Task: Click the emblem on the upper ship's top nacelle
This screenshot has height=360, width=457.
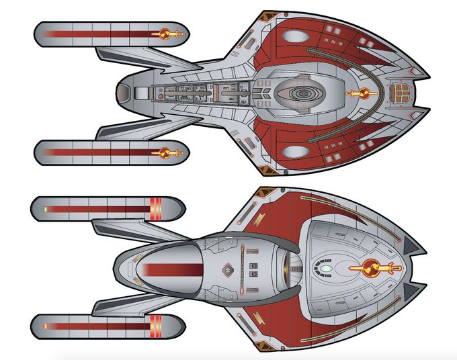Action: [169, 34]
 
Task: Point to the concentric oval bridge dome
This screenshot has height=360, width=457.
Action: [300, 93]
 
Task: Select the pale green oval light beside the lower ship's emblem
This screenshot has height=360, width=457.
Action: [325, 269]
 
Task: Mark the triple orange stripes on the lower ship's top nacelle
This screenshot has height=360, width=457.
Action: [154, 210]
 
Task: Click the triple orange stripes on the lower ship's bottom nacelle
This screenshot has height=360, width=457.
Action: [154, 327]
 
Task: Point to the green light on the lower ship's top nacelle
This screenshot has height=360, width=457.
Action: [46, 210]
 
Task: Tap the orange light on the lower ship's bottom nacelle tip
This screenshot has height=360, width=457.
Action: [44, 327]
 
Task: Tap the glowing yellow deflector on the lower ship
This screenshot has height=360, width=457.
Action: [290, 269]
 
